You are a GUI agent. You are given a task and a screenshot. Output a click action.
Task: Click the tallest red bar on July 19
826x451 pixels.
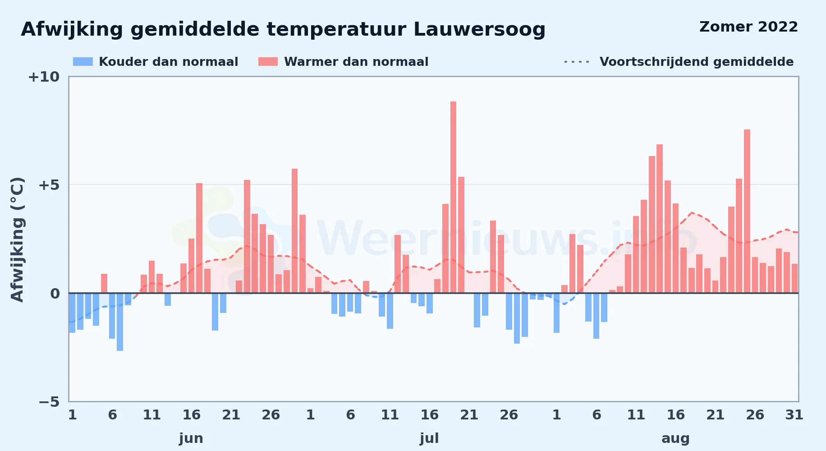pos(453,197)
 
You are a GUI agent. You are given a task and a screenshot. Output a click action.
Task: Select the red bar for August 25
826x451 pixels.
pos(747,211)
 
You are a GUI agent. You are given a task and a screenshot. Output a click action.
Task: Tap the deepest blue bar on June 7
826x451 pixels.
pos(120,322)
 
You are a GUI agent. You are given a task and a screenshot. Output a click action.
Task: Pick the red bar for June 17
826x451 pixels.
pos(199,238)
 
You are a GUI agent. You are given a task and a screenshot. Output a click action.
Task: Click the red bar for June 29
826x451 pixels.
pos(294,231)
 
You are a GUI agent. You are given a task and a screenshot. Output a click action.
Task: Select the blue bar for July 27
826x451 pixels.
pos(517,318)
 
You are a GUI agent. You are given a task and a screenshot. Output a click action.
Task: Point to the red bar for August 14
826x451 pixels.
pos(660,219)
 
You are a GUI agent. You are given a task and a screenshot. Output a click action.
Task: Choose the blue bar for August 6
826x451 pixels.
pos(596,316)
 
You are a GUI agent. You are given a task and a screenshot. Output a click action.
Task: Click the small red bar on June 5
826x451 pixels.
pos(104,283)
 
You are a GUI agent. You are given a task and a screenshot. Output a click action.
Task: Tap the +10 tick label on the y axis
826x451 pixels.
pos(44,77)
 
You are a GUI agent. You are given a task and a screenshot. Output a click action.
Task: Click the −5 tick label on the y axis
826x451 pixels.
pos(49,401)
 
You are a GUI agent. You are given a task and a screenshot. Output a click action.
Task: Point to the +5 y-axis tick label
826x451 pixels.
pos(49,185)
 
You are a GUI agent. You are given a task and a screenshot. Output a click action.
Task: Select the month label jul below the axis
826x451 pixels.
pos(429,438)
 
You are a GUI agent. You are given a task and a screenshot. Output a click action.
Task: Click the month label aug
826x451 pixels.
pos(675,439)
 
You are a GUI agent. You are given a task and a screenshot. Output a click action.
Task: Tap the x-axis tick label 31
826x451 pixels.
pos(794,415)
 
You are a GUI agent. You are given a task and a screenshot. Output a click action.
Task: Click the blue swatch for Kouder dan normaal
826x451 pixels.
pos(83,62)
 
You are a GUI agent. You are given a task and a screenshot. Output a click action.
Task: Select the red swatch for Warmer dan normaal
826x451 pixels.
pos(268,62)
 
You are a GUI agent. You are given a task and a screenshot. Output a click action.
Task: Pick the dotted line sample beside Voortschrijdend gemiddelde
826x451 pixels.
pos(577,62)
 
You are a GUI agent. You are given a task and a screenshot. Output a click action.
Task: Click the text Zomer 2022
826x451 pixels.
pos(748,27)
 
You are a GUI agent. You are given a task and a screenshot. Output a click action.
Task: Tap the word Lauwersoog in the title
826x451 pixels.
pos(479,30)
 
